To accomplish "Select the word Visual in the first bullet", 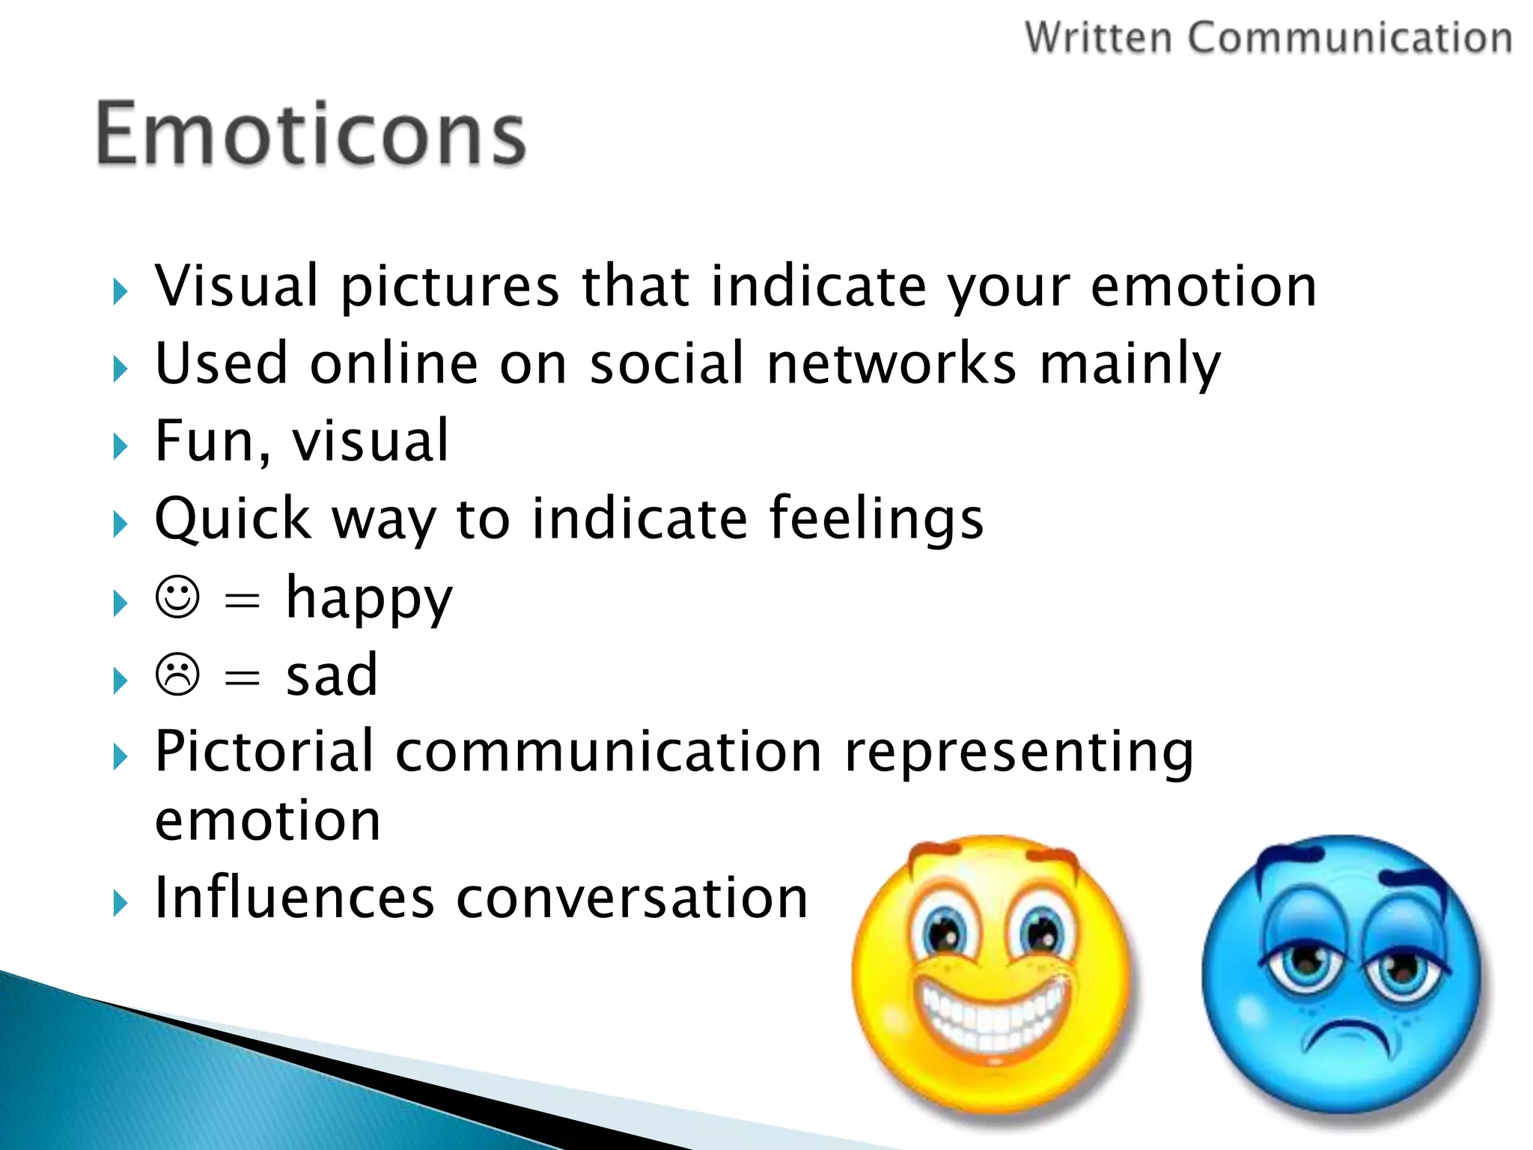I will [237, 286].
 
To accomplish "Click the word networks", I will [892, 364].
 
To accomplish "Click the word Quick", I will [233, 519].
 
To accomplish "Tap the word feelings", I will [876, 519].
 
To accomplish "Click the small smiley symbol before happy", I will [177, 597].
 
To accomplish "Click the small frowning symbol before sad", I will [177, 675].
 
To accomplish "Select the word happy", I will [369, 599].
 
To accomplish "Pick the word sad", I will [332, 675].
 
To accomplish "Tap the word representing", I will [1019, 752].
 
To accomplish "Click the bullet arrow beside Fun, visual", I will [120, 447].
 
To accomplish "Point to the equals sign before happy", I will [242, 600].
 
